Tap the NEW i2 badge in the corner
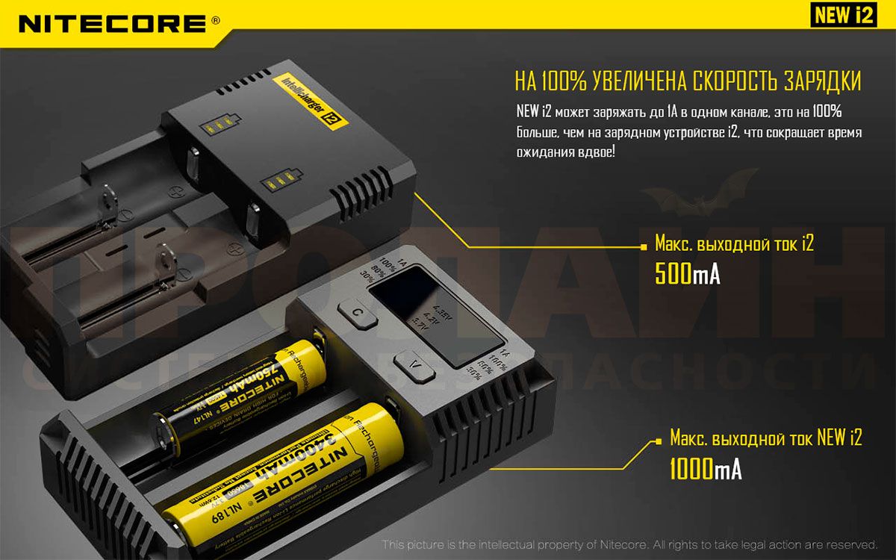coord(842,16)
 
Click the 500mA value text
coord(687,274)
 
